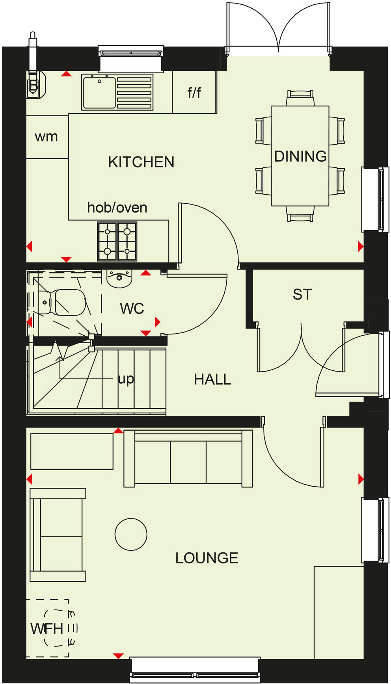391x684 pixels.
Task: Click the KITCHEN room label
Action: point(141,162)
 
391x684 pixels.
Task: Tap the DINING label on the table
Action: point(300,156)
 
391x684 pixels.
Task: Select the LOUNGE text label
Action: point(207,558)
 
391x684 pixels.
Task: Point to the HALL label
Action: point(212,379)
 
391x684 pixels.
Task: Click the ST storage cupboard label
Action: point(302,294)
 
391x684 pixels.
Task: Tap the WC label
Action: point(132,309)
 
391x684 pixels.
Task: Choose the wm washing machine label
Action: point(47,137)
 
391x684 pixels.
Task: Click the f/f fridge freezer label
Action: point(194,93)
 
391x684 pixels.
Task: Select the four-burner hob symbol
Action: point(117,241)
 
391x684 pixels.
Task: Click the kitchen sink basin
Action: point(99,93)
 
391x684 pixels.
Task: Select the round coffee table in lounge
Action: point(131,534)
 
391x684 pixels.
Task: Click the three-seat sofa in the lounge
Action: point(188,459)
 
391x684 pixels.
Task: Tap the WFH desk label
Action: point(47,629)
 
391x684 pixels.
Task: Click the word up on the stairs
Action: point(126,379)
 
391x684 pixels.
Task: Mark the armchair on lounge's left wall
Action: point(58,535)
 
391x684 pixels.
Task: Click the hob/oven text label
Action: point(117,208)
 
